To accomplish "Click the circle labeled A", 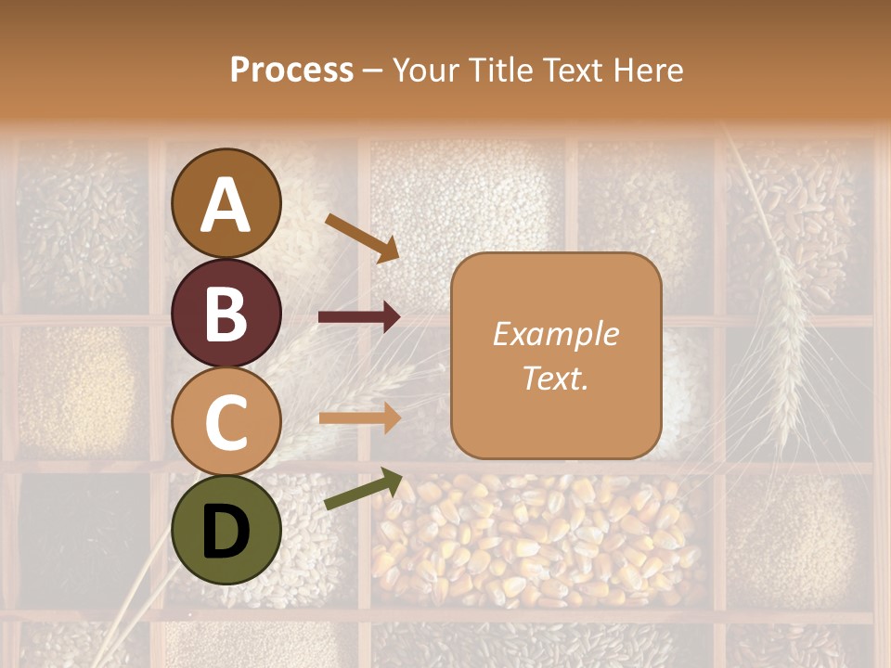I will click(x=226, y=203).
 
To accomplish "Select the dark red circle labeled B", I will click(x=226, y=312).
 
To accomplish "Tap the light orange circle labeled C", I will click(x=226, y=420).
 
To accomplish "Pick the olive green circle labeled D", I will click(x=226, y=529).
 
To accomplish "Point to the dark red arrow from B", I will click(x=359, y=317).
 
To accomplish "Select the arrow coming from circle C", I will click(x=359, y=417).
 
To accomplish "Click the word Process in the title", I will click(x=291, y=70).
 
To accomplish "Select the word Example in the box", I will click(x=555, y=334).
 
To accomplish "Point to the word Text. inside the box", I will click(x=555, y=378).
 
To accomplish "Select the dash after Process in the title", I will click(x=372, y=71).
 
